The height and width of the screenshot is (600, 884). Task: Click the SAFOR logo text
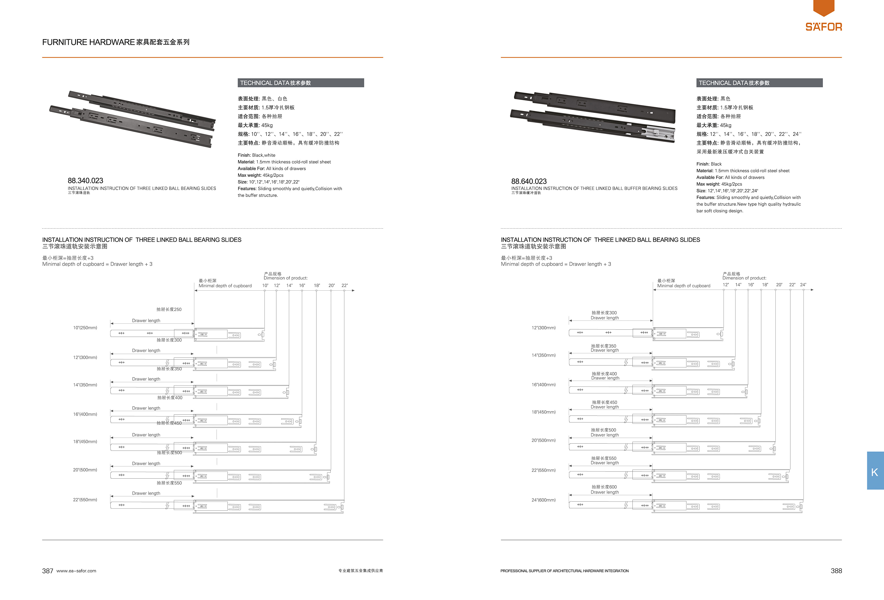pyautogui.click(x=824, y=27)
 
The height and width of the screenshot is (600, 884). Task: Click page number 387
pyautogui.click(x=48, y=571)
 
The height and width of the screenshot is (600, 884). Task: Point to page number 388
pyautogui.click(x=836, y=571)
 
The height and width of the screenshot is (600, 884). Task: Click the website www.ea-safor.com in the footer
pyautogui.click(x=76, y=571)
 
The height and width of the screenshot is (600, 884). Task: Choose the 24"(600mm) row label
pyautogui.click(x=543, y=500)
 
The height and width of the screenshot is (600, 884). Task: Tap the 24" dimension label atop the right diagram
pyautogui.click(x=803, y=284)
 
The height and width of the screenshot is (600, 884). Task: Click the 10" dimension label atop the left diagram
pyautogui.click(x=265, y=285)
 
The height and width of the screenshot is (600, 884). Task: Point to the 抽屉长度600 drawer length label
pyautogui.click(x=604, y=487)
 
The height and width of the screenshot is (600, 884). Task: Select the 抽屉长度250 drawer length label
pyautogui.click(x=169, y=309)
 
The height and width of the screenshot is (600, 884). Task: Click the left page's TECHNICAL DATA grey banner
pyautogui.click(x=300, y=83)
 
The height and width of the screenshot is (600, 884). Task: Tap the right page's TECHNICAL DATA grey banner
pyautogui.click(x=759, y=83)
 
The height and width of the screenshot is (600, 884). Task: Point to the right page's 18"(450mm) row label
pyautogui.click(x=543, y=412)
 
